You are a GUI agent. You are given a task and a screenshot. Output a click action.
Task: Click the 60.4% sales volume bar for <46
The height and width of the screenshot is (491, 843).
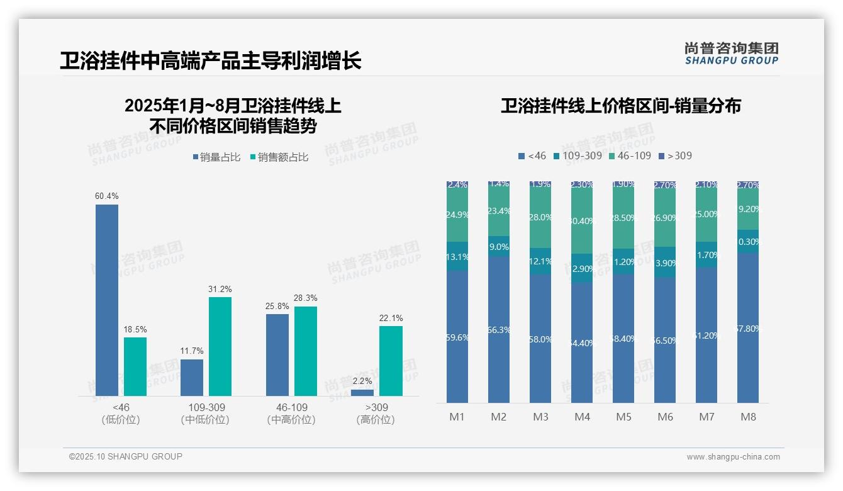[x=107, y=300]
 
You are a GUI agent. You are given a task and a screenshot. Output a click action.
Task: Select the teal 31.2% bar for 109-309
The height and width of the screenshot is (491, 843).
[x=220, y=346]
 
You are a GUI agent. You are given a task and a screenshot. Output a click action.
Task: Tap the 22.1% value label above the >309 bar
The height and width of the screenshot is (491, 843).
[x=391, y=319]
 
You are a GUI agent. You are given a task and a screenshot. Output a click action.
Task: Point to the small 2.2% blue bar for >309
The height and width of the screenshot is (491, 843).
[x=362, y=393]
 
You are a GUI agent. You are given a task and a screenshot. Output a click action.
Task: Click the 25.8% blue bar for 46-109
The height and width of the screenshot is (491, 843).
[x=277, y=354]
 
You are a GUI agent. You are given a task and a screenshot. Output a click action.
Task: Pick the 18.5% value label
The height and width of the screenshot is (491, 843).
[x=135, y=330]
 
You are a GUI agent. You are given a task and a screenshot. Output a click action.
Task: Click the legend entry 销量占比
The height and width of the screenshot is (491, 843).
[x=216, y=157]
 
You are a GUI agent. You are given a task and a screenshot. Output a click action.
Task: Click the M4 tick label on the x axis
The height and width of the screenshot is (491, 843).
[x=582, y=417]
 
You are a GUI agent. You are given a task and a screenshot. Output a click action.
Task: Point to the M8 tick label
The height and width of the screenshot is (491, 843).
[x=748, y=417]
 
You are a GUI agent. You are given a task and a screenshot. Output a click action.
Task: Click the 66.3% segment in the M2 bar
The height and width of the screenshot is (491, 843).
[x=499, y=329]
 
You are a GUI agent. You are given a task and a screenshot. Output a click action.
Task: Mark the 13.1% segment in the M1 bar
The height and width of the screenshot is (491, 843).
[x=457, y=256]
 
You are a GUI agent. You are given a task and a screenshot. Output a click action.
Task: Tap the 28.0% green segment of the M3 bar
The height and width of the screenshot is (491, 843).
[x=540, y=217]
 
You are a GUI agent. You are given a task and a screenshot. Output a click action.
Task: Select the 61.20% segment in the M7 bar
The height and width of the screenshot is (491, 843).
[x=706, y=335]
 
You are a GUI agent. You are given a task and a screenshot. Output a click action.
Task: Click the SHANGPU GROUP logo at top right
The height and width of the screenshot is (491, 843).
[x=732, y=54]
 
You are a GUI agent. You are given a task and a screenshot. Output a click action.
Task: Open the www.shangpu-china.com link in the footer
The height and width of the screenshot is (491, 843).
[x=733, y=457]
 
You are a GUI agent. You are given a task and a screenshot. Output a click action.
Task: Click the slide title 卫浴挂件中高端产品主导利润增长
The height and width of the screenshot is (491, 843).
[x=211, y=61]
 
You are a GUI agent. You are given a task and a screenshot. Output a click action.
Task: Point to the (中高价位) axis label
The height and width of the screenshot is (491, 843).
[x=291, y=420]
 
